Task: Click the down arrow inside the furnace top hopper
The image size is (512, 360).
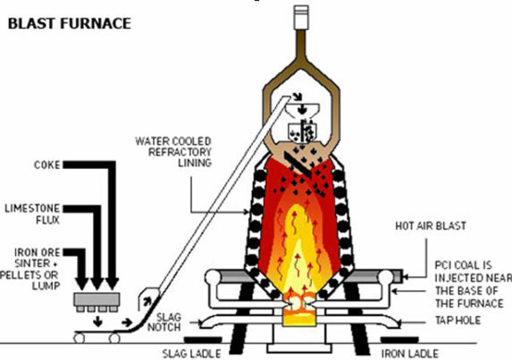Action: click(x=300, y=109)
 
